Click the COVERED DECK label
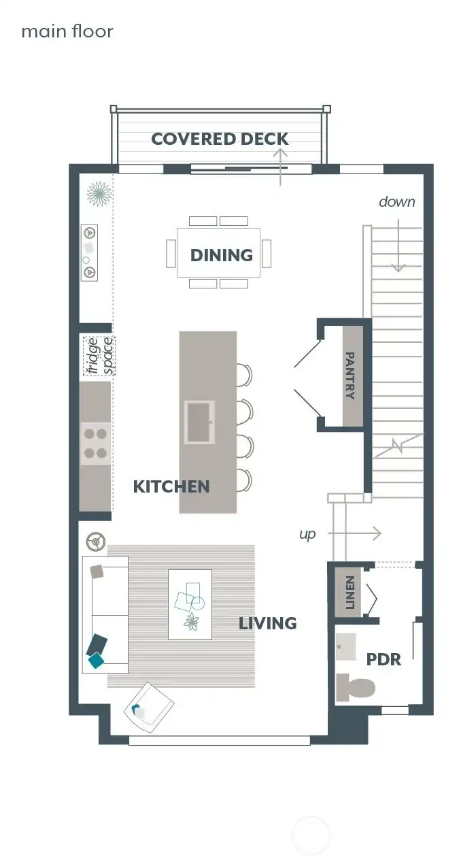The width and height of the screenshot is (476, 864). [x=220, y=139]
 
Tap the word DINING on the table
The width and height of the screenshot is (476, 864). [x=222, y=255]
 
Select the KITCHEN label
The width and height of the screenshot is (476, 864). [x=171, y=486]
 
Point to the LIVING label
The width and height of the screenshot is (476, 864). [x=267, y=623]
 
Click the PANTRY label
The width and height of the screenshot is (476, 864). [x=351, y=375]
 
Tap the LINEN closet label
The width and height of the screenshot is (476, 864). [x=350, y=592]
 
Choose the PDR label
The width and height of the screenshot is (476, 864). [x=384, y=659]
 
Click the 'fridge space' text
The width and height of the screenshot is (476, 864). [x=99, y=356]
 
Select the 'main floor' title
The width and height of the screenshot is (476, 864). [x=67, y=31]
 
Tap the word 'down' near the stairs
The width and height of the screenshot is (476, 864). [x=396, y=201]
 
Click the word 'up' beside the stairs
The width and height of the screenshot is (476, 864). [x=307, y=534]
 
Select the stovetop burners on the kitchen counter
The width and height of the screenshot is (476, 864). [x=95, y=443]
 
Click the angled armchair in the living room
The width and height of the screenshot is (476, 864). [x=149, y=707]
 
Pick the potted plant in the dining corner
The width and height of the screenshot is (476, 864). [x=99, y=195]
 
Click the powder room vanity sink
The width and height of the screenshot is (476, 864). [x=346, y=647]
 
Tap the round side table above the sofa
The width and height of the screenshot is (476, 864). [x=96, y=542]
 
